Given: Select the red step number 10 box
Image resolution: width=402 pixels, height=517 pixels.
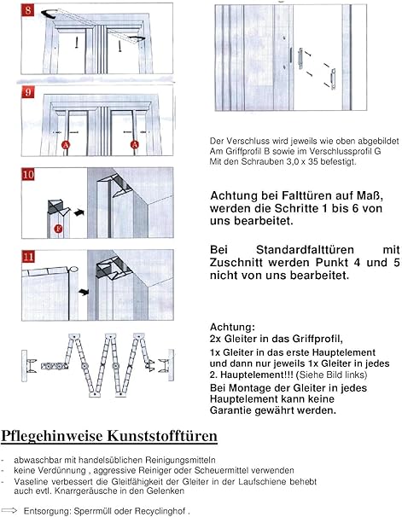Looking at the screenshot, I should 28,176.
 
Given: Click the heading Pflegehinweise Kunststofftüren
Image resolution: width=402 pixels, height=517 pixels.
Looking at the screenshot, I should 109,437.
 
